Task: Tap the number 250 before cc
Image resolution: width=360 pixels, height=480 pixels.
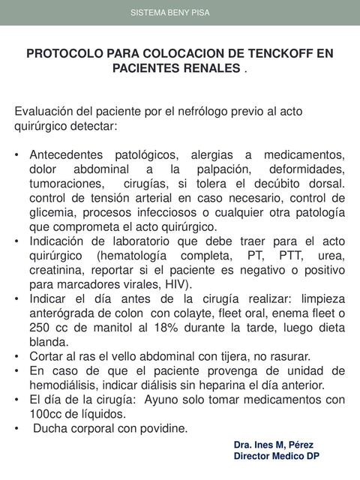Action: (41, 327)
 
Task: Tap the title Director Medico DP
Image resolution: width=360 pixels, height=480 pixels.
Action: (277, 456)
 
